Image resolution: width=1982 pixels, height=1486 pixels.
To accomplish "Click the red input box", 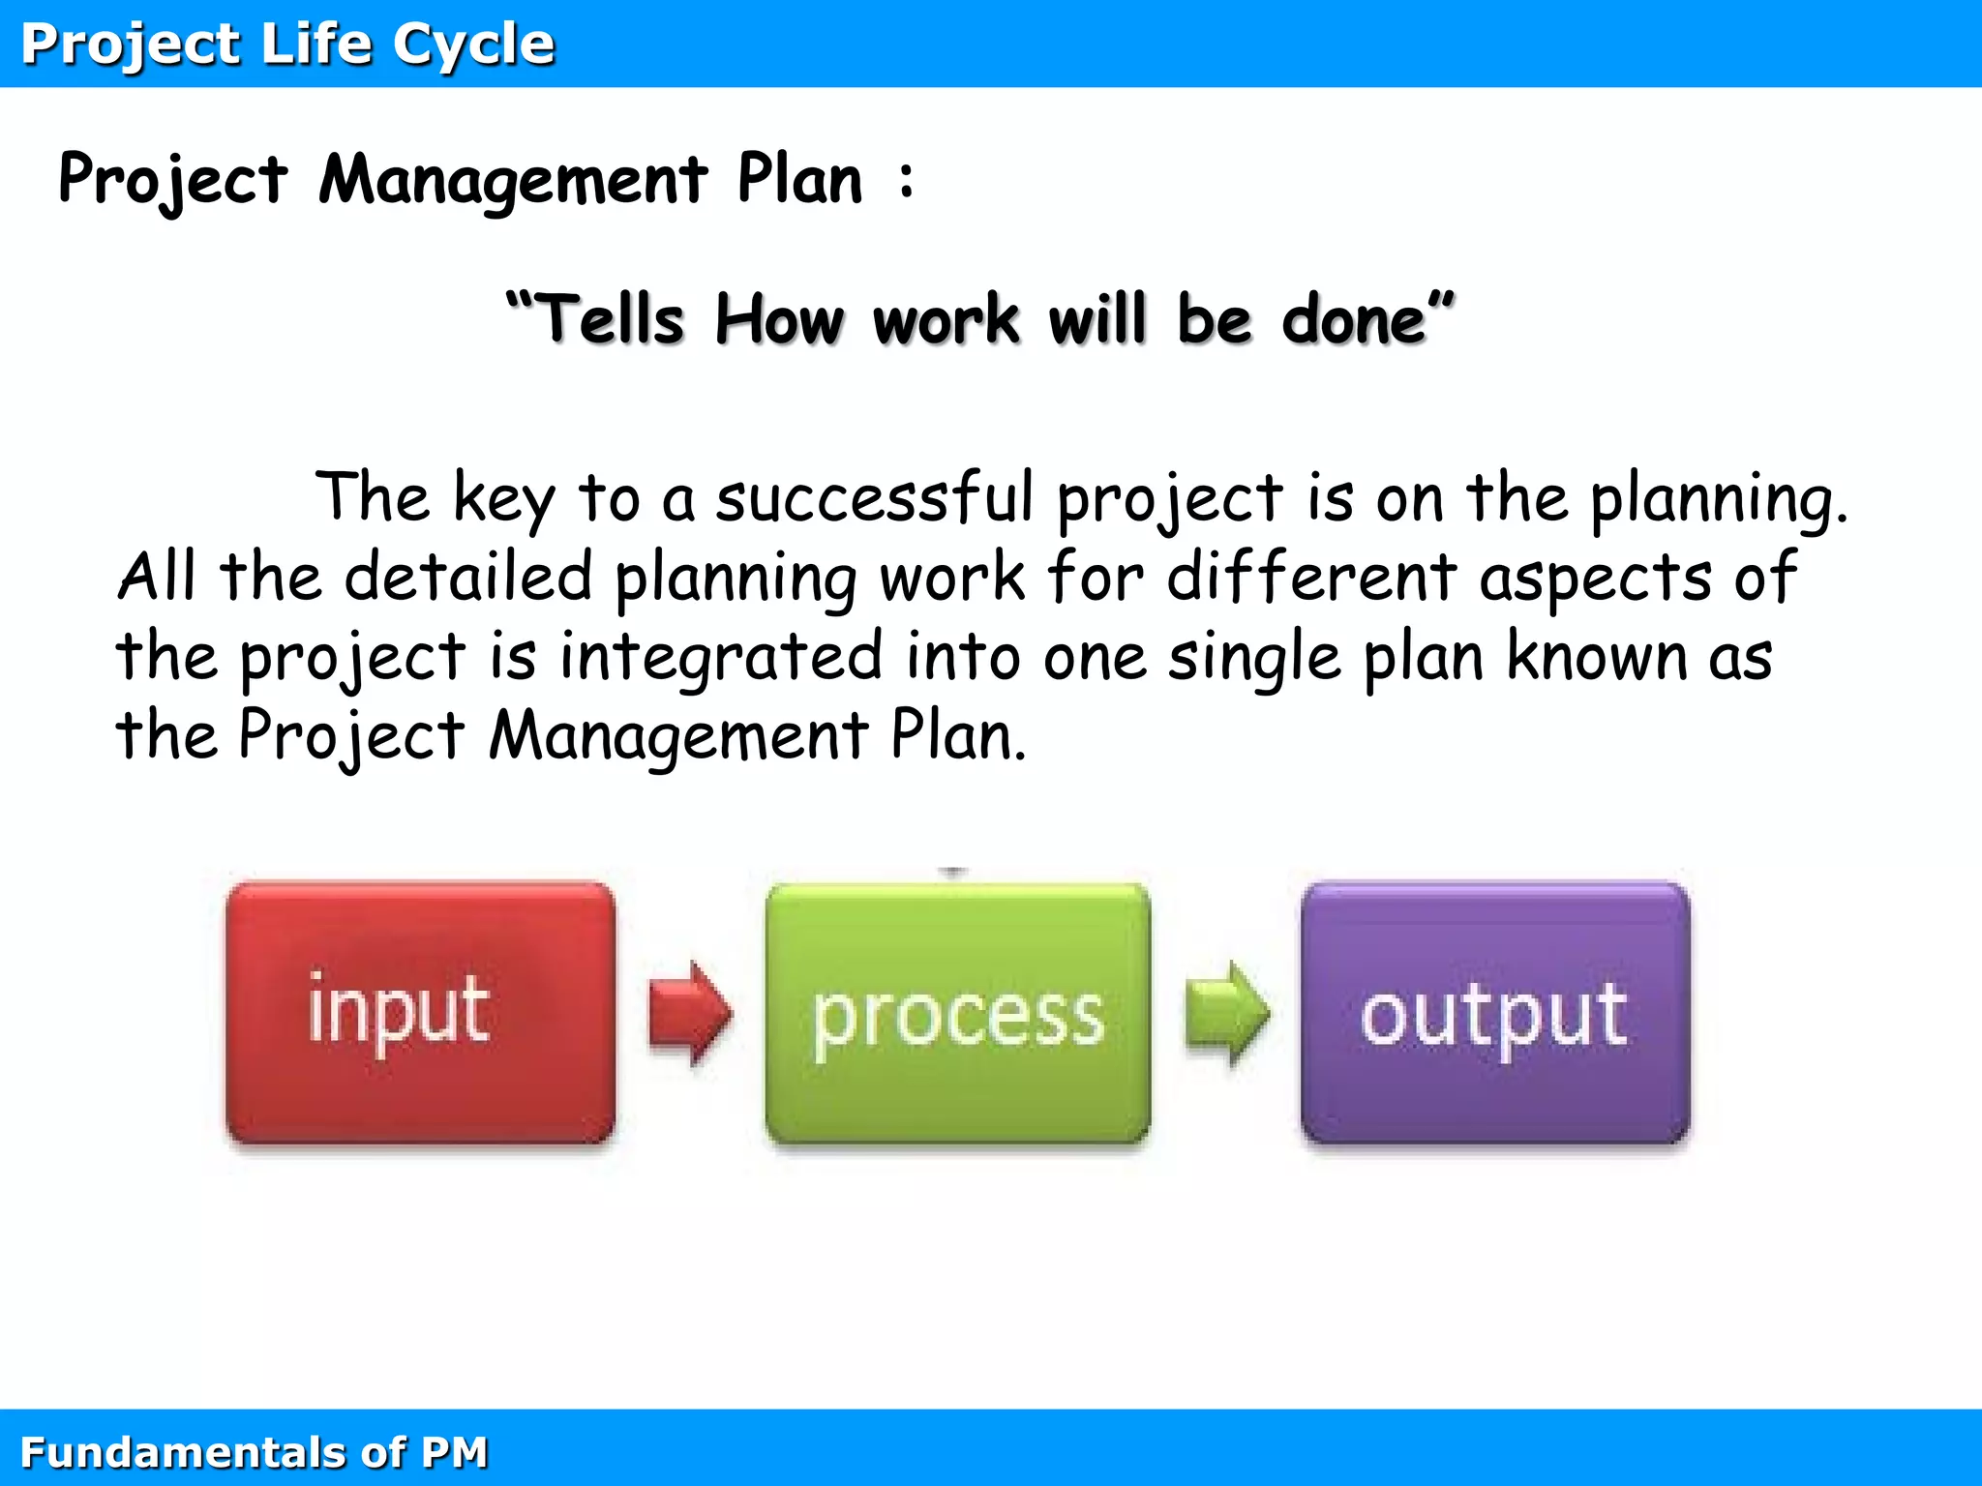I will click(x=420, y=1013).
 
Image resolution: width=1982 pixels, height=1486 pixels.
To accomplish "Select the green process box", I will click(x=957, y=1013).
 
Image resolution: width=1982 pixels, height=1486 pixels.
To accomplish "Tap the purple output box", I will click(x=1494, y=1013).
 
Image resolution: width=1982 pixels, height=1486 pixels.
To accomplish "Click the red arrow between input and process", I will click(x=689, y=1013).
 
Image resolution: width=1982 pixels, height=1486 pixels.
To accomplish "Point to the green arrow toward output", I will click(x=1226, y=1013).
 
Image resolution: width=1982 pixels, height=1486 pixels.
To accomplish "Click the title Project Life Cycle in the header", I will click(x=287, y=45).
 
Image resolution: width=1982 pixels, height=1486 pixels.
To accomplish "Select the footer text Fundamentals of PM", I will click(x=254, y=1452).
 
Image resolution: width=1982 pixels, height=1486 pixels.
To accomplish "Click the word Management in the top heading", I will click(x=513, y=181).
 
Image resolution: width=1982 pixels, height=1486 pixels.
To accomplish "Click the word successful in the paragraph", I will click(x=875, y=497).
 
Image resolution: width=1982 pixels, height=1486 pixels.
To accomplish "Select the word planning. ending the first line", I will click(x=1719, y=499).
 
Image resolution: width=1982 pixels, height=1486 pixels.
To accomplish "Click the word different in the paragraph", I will click(x=1311, y=578).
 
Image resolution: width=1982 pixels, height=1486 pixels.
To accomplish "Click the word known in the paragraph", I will click(x=1597, y=656).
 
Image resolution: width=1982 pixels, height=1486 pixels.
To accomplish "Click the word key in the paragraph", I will click(x=503, y=499).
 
